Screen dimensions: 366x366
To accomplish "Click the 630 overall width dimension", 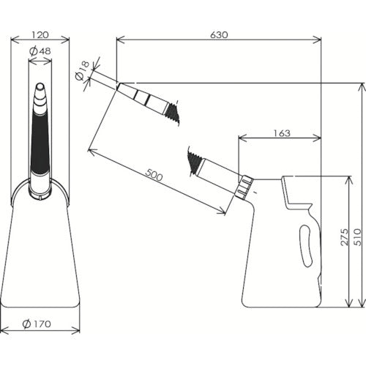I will pyautogui.click(x=219, y=34).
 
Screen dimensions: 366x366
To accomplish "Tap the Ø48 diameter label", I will pyautogui.click(x=40, y=51).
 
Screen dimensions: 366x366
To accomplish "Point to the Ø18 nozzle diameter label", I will pyautogui.click(x=82, y=71).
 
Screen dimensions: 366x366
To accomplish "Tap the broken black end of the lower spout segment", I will pyautogui.click(x=195, y=162).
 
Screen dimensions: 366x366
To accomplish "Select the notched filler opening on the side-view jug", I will pyautogui.click(x=296, y=194).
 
